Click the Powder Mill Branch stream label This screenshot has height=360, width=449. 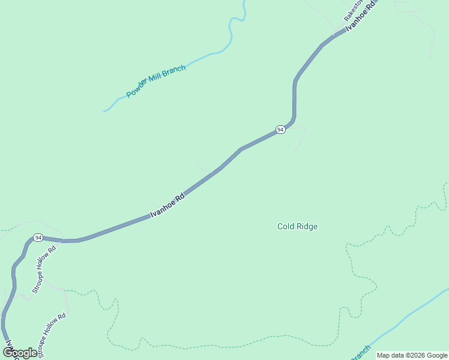click(156, 81)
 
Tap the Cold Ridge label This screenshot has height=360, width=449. click(297, 226)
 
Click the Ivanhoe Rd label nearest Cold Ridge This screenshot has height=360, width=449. click(167, 205)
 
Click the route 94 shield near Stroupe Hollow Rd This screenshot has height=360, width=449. click(38, 238)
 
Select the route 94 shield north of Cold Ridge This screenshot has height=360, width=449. click(280, 130)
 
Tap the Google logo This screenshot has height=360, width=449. click(20, 353)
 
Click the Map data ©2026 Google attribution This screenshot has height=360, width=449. click(412, 355)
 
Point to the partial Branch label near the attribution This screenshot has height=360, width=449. click(361, 353)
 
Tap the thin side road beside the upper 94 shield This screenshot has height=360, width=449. click(300, 138)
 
